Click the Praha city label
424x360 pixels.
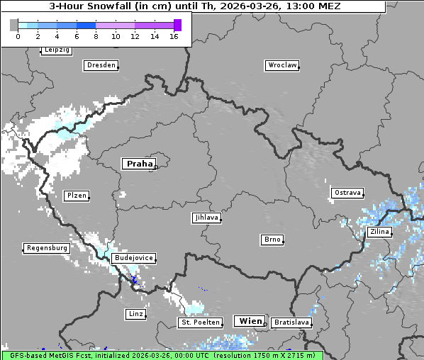[x=139, y=164]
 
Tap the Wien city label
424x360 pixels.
[x=250, y=321]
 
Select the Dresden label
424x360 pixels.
[x=101, y=65]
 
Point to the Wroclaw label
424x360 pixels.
[x=282, y=65]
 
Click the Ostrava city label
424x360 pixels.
[x=347, y=193]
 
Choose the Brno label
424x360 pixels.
[x=272, y=240]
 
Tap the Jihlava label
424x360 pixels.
[x=206, y=218]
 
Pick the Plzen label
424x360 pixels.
[x=77, y=196]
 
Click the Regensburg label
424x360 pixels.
[x=47, y=248]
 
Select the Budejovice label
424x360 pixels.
[x=133, y=258]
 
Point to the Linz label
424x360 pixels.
[x=135, y=314]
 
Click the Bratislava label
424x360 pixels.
[x=291, y=322]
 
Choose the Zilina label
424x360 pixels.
[x=379, y=232]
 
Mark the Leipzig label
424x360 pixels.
[x=57, y=50]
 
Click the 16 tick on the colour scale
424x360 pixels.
[x=174, y=36]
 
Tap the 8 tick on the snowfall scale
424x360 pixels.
[x=96, y=36]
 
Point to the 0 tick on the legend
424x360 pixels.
[x=18, y=36]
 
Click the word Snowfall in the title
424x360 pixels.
[x=106, y=6]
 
